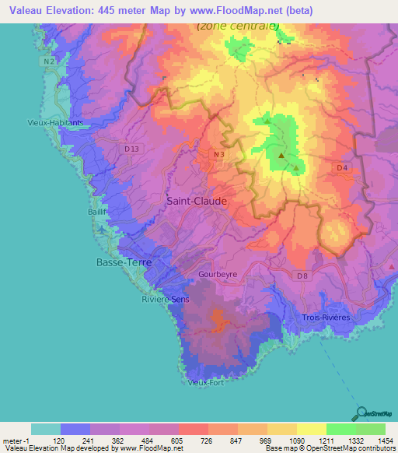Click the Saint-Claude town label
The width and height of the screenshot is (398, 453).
pyautogui.click(x=197, y=201)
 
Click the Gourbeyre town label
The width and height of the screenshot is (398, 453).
pyautogui.click(x=217, y=275)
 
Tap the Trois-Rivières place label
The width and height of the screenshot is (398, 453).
pyautogui.click(x=326, y=318)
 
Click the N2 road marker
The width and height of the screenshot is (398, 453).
pyautogui.click(x=49, y=61)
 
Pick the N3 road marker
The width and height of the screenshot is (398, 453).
pyautogui.click(x=220, y=155)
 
